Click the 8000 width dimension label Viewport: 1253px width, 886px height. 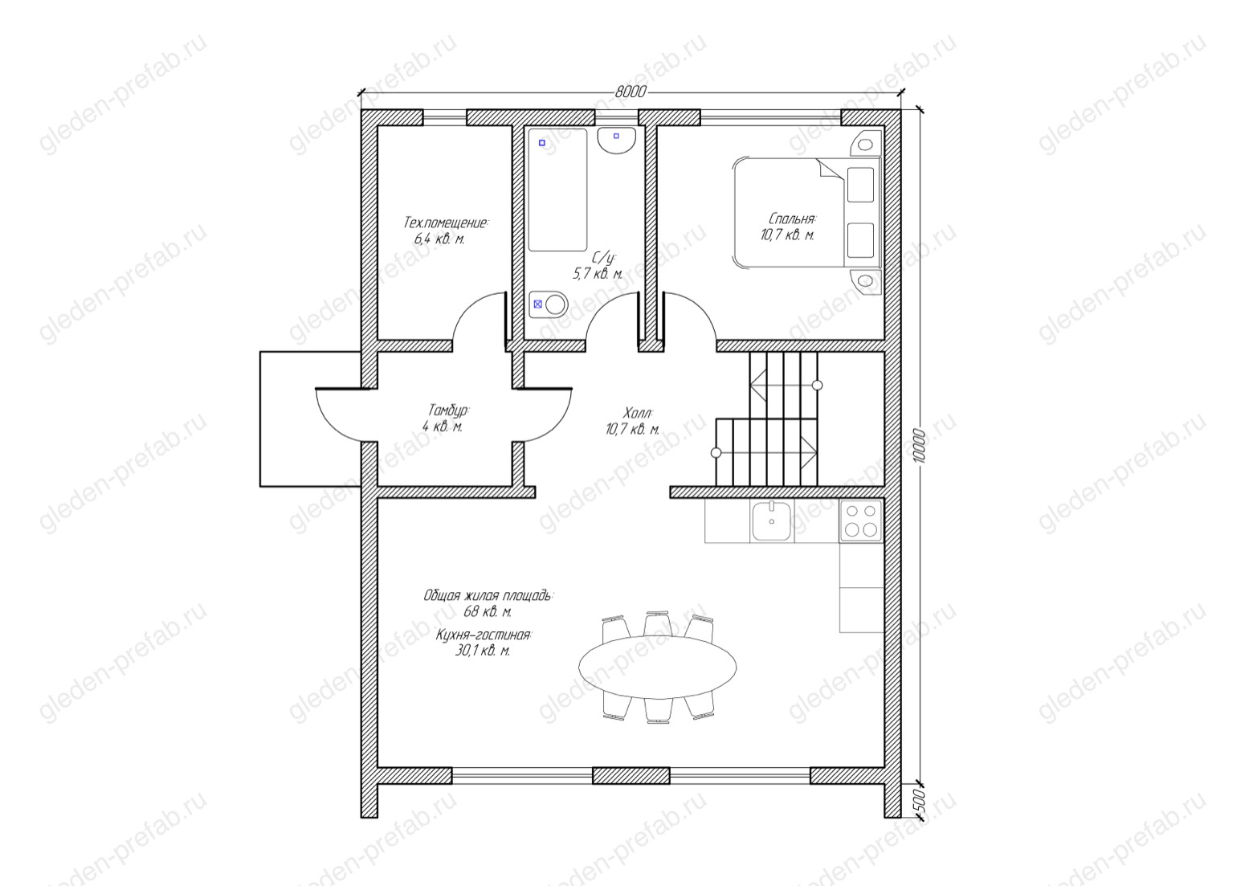(x=631, y=92)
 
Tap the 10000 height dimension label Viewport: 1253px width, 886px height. (x=919, y=446)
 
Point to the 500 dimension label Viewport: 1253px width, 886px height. (x=919, y=801)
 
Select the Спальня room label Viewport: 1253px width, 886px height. (x=793, y=218)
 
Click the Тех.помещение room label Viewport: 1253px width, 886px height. (x=446, y=223)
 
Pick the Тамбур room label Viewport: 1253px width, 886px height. (x=449, y=410)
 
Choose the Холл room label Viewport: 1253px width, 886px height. (x=637, y=414)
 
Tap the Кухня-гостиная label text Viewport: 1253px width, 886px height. (x=484, y=635)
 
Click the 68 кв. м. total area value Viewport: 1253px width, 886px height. (x=488, y=611)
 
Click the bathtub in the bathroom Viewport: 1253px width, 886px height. (x=557, y=190)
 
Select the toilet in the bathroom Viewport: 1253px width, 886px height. (x=548, y=305)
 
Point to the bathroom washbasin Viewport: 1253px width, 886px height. (x=616, y=140)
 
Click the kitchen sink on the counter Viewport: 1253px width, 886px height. (x=772, y=521)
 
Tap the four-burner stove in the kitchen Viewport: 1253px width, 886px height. (x=861, y=521)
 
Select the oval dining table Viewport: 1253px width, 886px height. (x=657, y=667)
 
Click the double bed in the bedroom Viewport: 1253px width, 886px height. (x=806, y=213)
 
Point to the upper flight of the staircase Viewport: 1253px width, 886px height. (x=784, y=385)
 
